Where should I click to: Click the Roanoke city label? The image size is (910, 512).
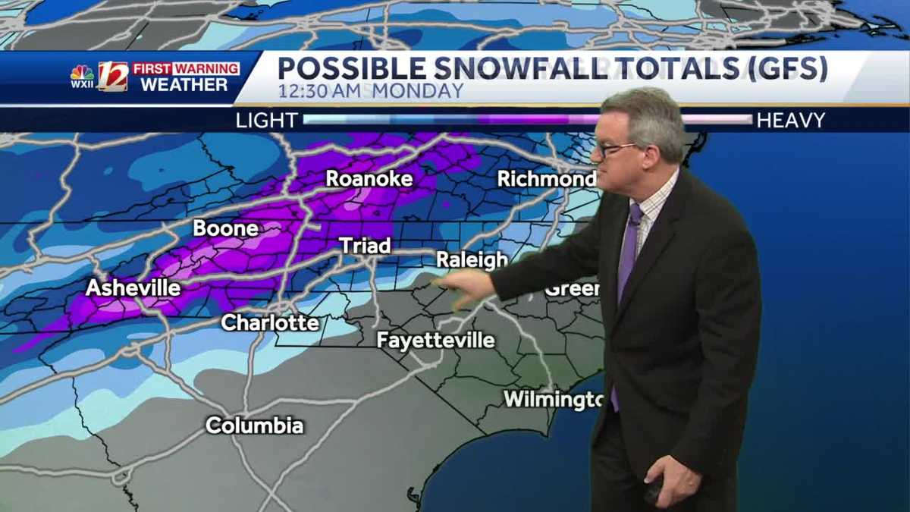pos(369,179)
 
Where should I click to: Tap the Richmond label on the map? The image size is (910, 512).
pos(546,180)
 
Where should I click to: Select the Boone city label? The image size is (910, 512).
pos(225,228)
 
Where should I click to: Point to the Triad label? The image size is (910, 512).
pos(365,246)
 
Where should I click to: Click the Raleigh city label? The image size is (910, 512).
pos(472,260)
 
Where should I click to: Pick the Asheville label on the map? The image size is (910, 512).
pos(133,288)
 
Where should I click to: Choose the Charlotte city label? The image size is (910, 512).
pos(270,322)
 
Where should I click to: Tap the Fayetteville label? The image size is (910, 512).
pos(435,341)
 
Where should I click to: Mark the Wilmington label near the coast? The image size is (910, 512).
pos(553,399)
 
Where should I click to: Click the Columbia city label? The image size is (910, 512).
pos(255,426)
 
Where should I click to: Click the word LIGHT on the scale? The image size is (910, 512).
pos(266,120)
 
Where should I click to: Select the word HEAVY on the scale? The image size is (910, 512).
pos(791,120)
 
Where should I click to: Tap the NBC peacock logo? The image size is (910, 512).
pos(82,74)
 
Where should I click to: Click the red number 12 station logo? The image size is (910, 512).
pos(113,77)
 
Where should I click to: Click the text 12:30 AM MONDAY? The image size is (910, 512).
pos(370,92)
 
